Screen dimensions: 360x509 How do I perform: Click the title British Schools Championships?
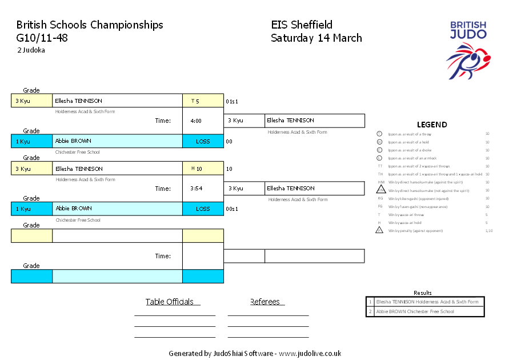pos(90,25)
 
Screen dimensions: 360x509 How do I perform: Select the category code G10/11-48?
pos(42,38)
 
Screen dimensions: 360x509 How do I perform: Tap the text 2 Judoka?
pos(31,50)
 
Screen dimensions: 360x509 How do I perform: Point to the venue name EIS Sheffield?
pos(302,25)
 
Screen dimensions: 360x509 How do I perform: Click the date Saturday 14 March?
pos(316,38)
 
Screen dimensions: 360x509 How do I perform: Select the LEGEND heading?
pos(432,125)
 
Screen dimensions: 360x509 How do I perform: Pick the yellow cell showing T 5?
pos(203,101)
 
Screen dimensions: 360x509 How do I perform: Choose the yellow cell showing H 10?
pos(203,169)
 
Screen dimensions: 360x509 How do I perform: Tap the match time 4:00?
pos(196,121)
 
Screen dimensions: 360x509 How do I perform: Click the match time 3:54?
pos(196,189)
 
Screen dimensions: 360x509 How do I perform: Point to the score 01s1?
pos(231,101)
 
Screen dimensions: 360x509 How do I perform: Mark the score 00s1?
pos(231,209)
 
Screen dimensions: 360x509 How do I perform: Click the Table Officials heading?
pos(170,302)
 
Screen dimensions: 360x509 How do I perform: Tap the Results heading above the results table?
pos(423,293)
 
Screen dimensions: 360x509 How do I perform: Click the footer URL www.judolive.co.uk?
pos(310,353)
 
